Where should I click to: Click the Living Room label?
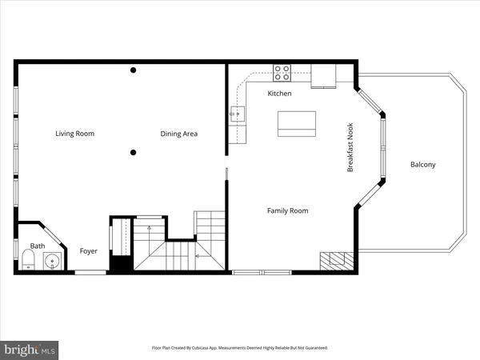[x=74, y=134]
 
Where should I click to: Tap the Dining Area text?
[x=178, y=134]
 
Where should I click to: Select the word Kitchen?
[x=279, y=94]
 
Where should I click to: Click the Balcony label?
[x=422, y=165]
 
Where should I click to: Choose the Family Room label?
[x=287, y=210]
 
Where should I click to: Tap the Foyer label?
[x=88, y=251]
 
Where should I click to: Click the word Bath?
[x=38, y=246]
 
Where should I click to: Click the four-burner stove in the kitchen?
[x=282, y=73]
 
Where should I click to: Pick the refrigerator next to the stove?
[x=323, y=74]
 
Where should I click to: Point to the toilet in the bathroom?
[x=26, y=260]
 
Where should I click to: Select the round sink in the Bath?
[x=53, y=260]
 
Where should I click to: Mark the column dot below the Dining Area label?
[x=134, y=152]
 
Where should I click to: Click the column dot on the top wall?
[x=134, y=70]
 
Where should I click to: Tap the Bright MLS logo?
[x=30, y=349]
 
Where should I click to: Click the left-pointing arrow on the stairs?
[x=197, y=256]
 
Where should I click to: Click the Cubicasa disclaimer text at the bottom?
[x=240, y=348]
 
